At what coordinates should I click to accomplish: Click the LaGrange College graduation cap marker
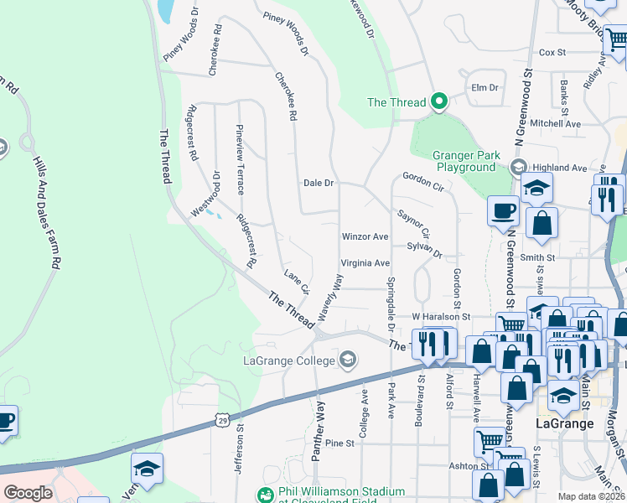[346, 361]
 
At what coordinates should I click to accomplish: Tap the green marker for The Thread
[438, 102]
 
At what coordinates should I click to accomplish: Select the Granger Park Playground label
[465, 161]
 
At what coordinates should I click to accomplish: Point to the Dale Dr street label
[319, 182]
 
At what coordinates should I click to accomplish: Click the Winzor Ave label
[365, 237]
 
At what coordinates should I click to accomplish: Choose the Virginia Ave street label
[365, 262]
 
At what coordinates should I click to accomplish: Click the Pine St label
[340, 443]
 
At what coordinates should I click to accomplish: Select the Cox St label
[552, 52]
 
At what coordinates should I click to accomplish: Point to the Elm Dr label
[485, 87]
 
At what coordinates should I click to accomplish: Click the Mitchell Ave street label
[556, 123]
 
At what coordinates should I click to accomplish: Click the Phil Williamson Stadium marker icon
[265, 495]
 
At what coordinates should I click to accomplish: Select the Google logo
[28, 493]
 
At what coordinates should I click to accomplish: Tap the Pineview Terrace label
[240, 159]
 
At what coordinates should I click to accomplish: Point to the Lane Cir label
[297, 282]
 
